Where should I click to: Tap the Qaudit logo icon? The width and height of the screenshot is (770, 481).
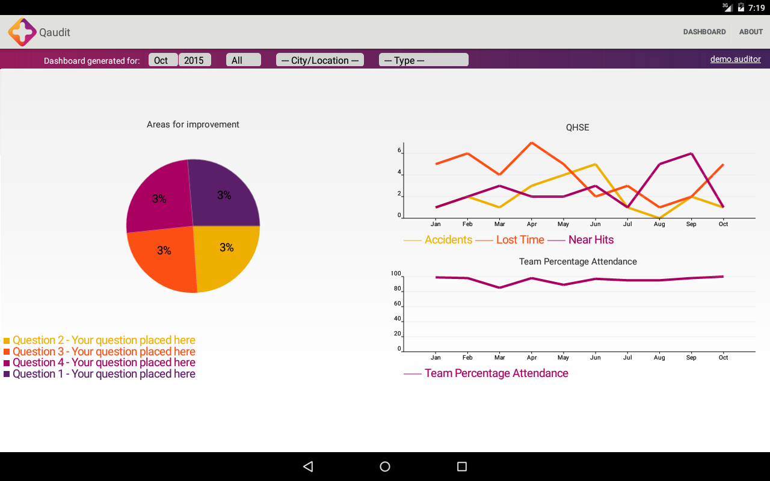[x=22, y=32]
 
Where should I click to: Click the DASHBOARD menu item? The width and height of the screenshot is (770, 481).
[x=704, y=32]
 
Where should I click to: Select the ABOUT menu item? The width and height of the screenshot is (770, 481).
[x=751, y=32]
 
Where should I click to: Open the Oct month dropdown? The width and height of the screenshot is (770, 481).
[x=162, y=60]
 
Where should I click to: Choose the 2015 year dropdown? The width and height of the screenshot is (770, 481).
[x=194, y=60]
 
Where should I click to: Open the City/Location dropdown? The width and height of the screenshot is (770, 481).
[x=319, y=60]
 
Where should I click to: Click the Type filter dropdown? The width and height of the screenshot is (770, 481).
[x=423, y=60]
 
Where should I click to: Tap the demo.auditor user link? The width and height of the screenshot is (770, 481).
[x=735, y=59]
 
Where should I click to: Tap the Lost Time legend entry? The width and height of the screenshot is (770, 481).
[x=520, y=240]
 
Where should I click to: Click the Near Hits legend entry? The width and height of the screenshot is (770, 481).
[x=591, y=240]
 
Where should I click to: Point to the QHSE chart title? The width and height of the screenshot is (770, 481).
[x=577, y=127]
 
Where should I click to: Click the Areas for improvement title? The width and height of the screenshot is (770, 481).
[x=193, y=124]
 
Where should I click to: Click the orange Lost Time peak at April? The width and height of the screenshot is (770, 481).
[x=531, y=142]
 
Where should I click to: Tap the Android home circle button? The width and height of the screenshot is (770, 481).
[x=385, y=467]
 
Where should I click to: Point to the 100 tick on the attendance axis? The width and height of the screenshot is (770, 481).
[x=395, y=274]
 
